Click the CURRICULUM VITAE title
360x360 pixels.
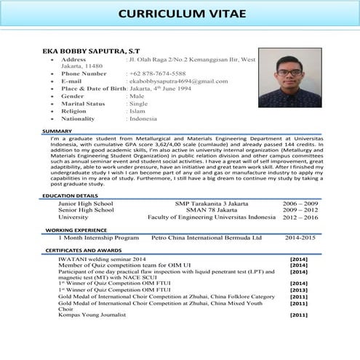[180, 15]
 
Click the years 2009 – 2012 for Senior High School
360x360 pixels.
[300, 210]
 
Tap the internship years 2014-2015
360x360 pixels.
[300, 237]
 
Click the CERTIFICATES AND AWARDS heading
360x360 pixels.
[84, 250]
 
